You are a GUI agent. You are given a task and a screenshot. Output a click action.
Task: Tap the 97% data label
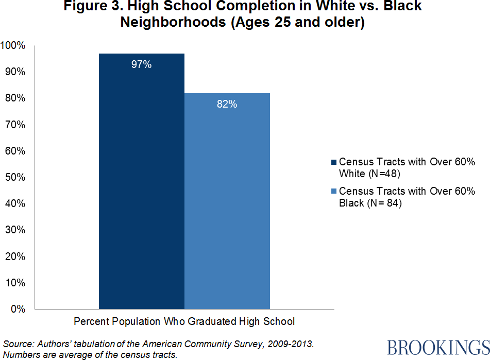tap(141, 65)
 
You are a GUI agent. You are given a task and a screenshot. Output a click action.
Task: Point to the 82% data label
tap(227, 104)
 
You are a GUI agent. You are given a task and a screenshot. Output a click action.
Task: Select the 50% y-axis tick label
tap(15, 177)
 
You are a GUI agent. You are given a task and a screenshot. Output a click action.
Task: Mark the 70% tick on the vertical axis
tap(15, 125)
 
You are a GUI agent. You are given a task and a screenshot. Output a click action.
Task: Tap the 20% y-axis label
tap(15, 256)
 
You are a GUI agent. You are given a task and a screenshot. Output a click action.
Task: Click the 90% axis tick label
tap(15, 72)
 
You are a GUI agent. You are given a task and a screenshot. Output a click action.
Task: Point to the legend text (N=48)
tap(382, 174)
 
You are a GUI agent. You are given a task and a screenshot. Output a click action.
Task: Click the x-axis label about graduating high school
tap(184, 321)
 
